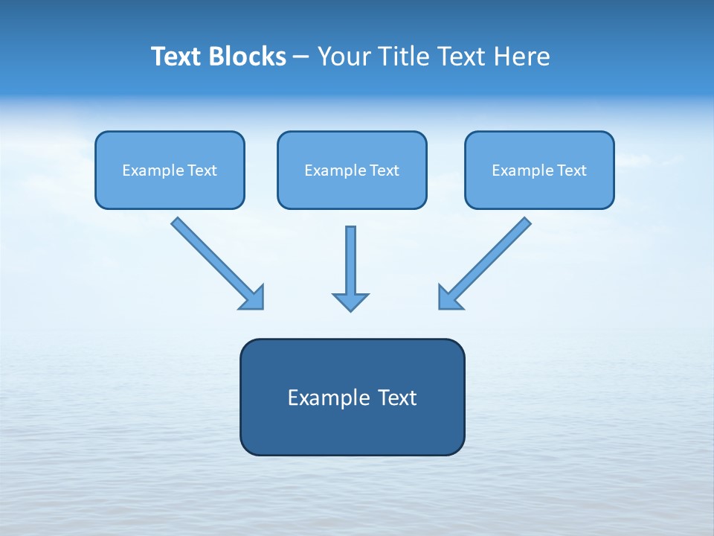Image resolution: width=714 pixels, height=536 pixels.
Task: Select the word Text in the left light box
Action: tap(202, 170)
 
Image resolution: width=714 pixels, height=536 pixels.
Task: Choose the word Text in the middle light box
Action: tap(385, 170)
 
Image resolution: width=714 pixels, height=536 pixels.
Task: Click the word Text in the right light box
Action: tap(572, 170)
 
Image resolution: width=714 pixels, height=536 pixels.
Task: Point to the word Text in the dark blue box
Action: tap(397, 398)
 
